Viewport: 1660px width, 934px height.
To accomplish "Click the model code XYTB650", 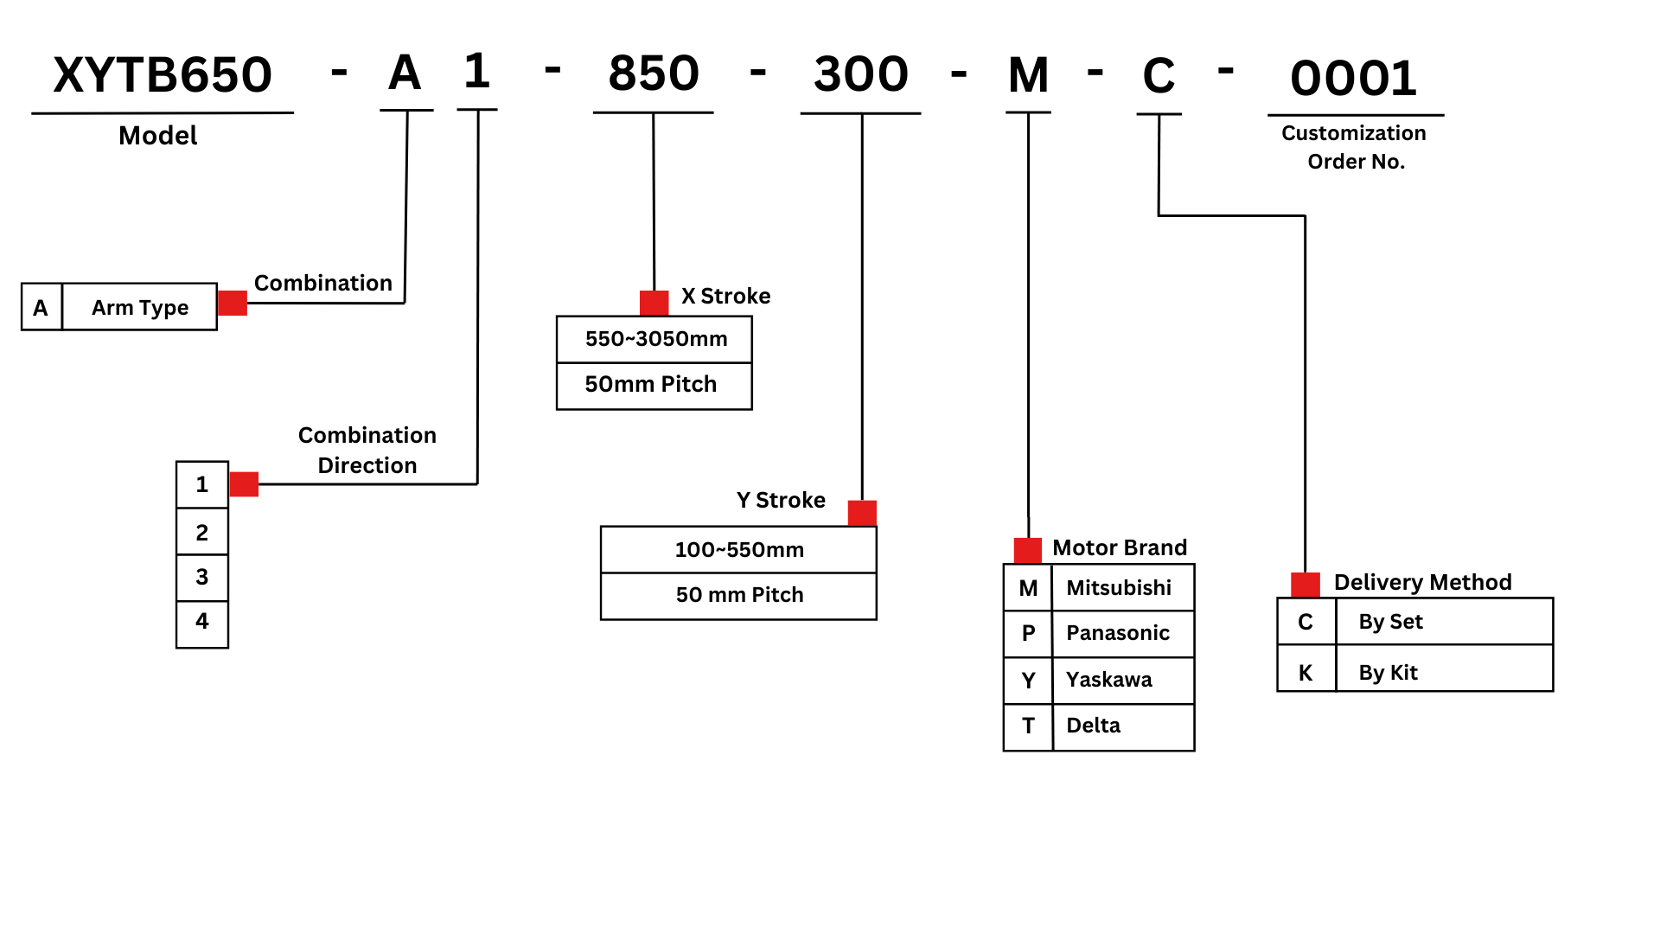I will (163, 75).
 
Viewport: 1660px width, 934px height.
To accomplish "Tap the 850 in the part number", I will (654, 74).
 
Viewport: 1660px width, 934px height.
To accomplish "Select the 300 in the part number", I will (861, 74).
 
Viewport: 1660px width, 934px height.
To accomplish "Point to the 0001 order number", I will (1354, 79).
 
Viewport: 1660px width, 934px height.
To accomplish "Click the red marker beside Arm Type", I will (233, 304).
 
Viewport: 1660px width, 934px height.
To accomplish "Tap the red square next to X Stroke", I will (654, 303).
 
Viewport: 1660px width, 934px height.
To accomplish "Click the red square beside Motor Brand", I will (1027, 550).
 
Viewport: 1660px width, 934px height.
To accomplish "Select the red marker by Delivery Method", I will (1305, 585).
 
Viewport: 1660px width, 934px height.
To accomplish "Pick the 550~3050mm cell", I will (654, 339).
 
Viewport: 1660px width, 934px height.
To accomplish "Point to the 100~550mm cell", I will (739, 550).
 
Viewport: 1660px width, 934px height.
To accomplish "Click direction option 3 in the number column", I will (202, 577).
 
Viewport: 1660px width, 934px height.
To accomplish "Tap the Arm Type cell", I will (140, 308).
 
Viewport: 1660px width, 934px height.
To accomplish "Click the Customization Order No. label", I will (1355, 147).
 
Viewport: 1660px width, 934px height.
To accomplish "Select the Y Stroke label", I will (781, 500).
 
